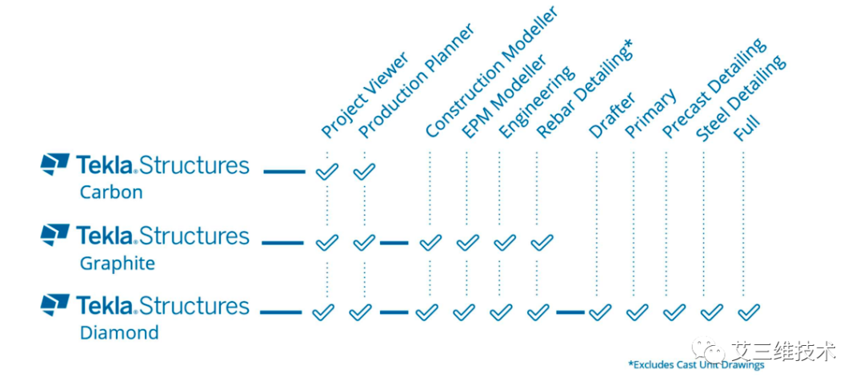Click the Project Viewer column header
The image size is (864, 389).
tap(365, 95)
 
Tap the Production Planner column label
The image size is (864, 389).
tap(416, 81)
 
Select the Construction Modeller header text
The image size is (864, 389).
tap(491, 71)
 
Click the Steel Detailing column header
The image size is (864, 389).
tap(741, 97)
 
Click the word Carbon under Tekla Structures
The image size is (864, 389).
tap(111, 193)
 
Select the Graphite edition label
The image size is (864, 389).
tap(118, 263)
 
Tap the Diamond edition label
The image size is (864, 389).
tap(119, 333)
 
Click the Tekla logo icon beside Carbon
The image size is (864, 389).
tap(54, 164)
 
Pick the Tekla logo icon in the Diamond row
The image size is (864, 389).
tap(54, 304)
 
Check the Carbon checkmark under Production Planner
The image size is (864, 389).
tap(364, 171)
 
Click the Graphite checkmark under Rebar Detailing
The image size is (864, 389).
tap(542, 242)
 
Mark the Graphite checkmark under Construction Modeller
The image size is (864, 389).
tap(430, 242)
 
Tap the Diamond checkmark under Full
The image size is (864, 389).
tap(749, 312)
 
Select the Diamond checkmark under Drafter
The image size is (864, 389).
tap(600, 312)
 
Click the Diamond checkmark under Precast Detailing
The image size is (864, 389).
tap(674, 312)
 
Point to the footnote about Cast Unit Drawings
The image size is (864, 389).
tap(696, 365)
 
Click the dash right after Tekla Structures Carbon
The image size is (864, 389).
tap(284, 172)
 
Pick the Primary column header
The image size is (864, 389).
tap(650, 113)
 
